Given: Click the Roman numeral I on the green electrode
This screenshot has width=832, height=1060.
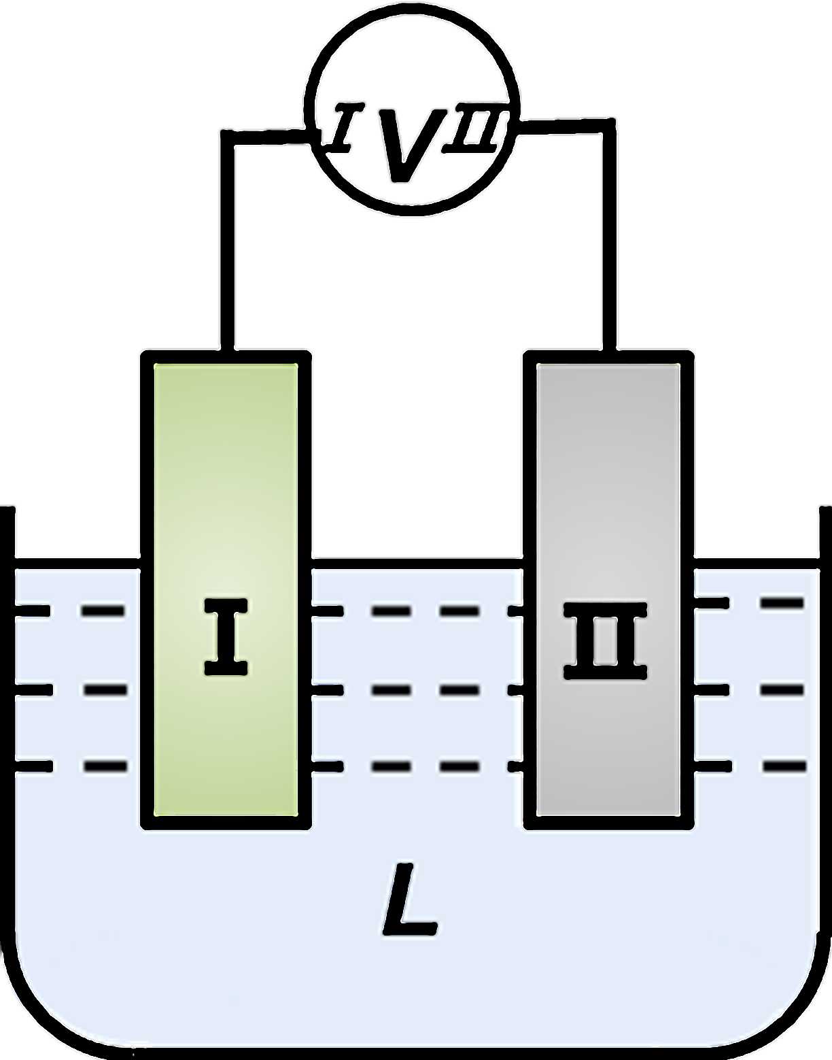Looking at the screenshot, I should (x=226, y=636).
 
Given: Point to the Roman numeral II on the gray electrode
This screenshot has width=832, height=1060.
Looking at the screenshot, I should (x=605, y=640).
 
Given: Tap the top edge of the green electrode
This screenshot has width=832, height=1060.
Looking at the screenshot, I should (x=226, y=358).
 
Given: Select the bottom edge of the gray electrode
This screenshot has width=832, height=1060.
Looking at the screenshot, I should (x=609, y=822).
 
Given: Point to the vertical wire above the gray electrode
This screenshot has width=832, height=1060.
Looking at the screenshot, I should (x=608, y=238).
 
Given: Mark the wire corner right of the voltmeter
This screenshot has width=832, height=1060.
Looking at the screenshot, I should (x=608, y=126).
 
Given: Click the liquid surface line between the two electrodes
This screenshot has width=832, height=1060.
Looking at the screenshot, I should (x=417, y=564).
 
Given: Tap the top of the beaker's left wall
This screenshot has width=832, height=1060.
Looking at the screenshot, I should (x=7, y=511).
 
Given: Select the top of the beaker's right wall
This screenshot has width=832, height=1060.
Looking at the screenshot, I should (x=825, y=511).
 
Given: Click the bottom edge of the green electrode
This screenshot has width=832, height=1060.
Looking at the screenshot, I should (x=226, y=822).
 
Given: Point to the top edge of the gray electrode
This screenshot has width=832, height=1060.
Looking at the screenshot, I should (x=609, y=358).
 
